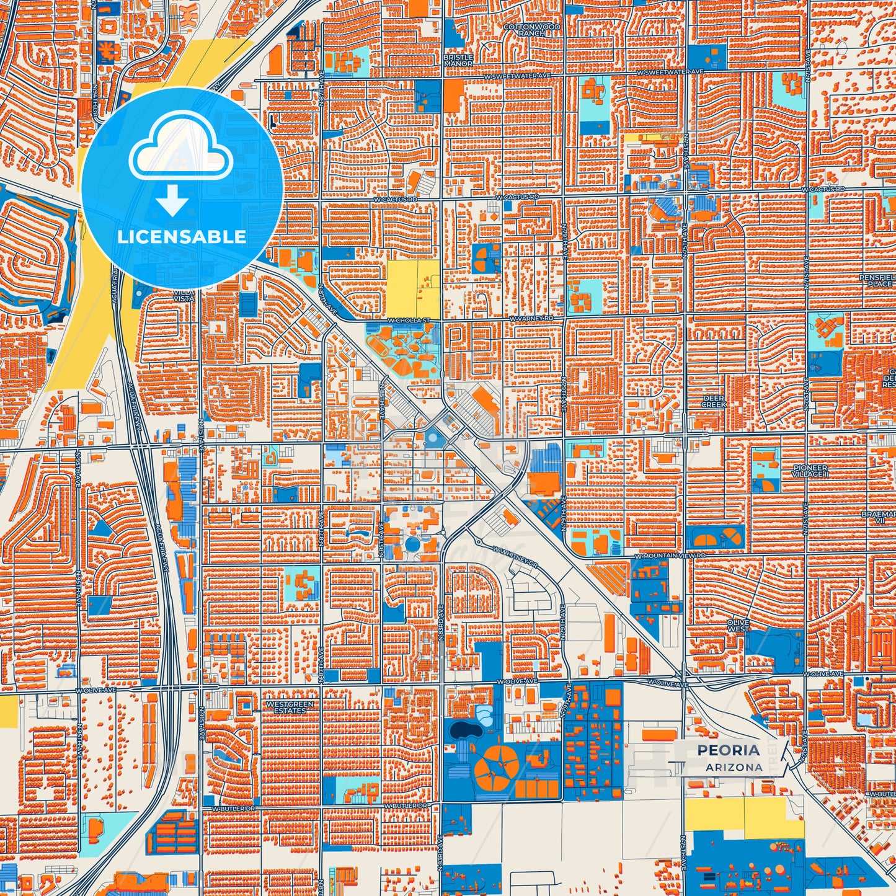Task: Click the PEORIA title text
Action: [x=728, y=750]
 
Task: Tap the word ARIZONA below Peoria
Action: [x=734, y=767]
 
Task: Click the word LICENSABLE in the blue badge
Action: [x=182, y=236]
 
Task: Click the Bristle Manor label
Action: [x=458, y=60]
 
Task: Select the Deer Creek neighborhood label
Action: [x=714, y=401]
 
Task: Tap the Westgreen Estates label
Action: [x=290, y=707]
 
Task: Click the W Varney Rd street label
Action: [x=531, y=318]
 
